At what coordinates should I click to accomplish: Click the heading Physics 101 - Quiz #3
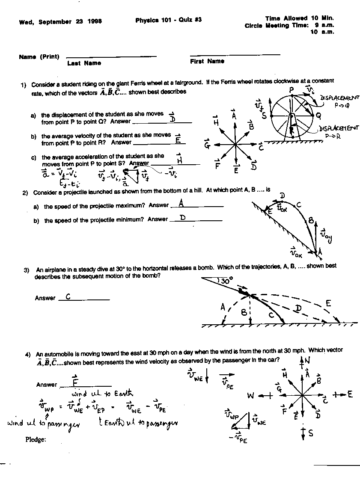pyautogui.click(x=168, y=20)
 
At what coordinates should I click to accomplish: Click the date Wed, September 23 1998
pyautogui.click(x=60, y=22)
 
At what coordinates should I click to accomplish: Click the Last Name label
pyautogui.click(x=84, y=63)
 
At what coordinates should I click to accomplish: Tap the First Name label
pyautogui.click(x=207, y=61)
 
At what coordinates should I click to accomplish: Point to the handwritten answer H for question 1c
pyautogui.click(x=179, y=160)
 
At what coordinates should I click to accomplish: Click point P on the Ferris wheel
pyautogui.click(x=291, y=90)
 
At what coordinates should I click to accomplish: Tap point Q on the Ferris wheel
pyautogui.click(x=319, y=116)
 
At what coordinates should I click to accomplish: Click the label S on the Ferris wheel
pyautogui.click(x=264, y=116)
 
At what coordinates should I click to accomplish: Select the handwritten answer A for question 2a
pyautogui.click(x=181, y=203)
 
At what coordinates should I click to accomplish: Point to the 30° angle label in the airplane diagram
pyautogui.click(x=226, y=281)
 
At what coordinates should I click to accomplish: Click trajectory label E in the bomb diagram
pyautogui.click(x=328, y=303)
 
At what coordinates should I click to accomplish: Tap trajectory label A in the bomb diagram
pyautogui.click(x=223, y=307)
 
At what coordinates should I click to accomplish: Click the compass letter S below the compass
pyautogui.click(x=310, y=433)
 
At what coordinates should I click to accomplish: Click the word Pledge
pyautogui.click(x=36, y=439)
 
